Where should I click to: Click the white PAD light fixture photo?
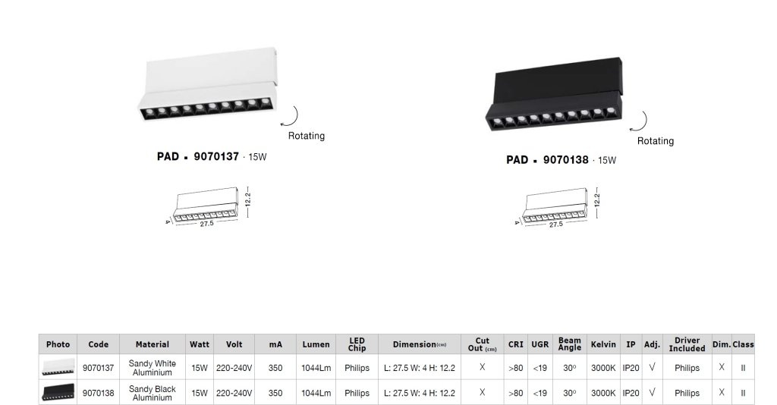[208, 84]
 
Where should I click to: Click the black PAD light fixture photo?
[554, 95]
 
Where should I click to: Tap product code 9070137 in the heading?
[216, 157]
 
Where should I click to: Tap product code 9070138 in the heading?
[565, 160]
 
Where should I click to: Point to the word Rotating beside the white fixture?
[307, 136]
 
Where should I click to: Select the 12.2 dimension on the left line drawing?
[248, 199]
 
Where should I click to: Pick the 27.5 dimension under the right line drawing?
[555, 224]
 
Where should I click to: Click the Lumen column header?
[316, 344]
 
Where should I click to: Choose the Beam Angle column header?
[569, 344]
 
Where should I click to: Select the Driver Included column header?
[687, 344]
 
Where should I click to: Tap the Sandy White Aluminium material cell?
[152, 368]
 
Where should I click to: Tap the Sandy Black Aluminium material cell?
[152, 393]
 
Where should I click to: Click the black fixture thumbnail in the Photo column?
[58, 392]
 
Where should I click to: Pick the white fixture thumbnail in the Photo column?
[58, 367]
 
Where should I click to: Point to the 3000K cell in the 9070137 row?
[603, 368]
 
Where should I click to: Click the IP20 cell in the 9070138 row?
[631, 393]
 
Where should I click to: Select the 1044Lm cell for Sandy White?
[316, 368]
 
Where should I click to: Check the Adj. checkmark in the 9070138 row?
[652, 393]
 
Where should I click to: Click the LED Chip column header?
[357, 344]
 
